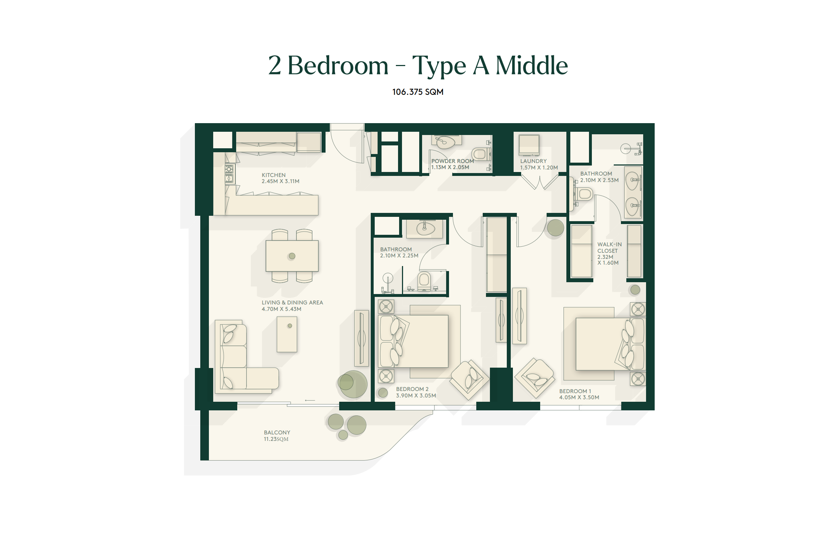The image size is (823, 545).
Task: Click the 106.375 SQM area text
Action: click(418, 92)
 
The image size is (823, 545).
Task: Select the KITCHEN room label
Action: click(273, 175)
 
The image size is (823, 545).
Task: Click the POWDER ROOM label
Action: click(453, 161)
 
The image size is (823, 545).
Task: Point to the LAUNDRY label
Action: click(533, 161)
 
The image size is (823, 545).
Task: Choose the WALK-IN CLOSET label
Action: click(609, 248)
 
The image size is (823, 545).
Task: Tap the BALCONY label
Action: click(277, 433)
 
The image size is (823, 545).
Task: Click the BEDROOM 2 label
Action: click(412, 389)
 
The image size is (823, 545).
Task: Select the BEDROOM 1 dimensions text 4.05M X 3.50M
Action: click(579, 397)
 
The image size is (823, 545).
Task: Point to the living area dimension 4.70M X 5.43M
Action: click(281, 309)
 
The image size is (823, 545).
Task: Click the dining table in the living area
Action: click(292, 256)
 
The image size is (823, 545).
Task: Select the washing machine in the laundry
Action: click(529, 145)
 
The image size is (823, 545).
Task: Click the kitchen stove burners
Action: click(229, 174)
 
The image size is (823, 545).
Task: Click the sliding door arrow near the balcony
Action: click(310, 400)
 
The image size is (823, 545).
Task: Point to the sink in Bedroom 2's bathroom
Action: click(425, 228)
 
